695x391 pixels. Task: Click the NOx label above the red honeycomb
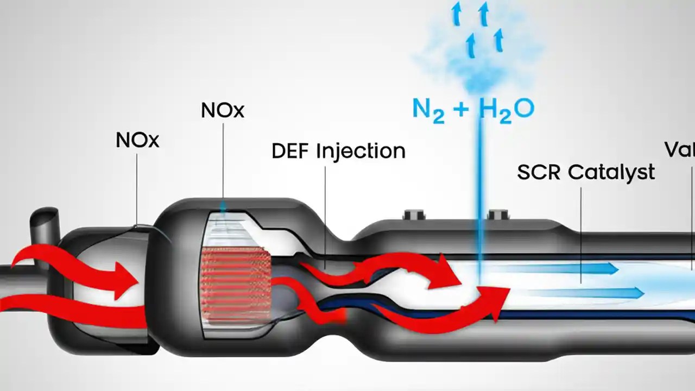(x=223, y=110)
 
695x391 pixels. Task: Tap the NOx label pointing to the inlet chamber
(x=137, y=140)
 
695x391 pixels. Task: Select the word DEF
(x=290, y=151)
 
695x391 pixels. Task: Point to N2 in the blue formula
(x=428, y=109)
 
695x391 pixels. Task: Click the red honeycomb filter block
(x=236, y=285)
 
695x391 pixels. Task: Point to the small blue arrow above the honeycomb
(x=223, y=207)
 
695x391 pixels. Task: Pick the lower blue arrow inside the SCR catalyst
(x=586, y=293)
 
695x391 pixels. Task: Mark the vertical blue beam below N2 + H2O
(x=480, y=195)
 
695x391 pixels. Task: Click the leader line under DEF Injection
(x=325, y=217)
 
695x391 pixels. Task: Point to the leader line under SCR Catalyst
(x=581, y=234)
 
